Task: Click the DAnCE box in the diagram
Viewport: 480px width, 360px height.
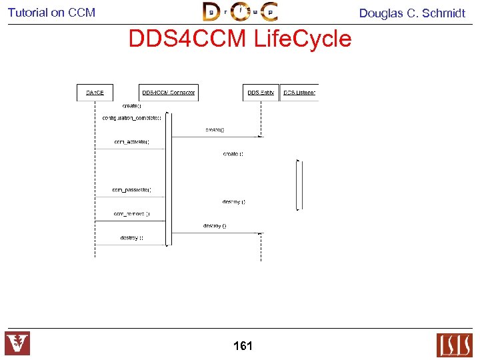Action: click(x=95, y=92)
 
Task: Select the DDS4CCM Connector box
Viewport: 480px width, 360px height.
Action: click(x=168, y=92)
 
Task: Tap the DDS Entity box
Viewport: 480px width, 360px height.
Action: click(x=261, y=92)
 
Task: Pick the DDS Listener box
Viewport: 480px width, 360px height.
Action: click(x=299, y=92)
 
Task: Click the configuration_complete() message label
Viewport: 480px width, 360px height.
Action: click(x=131, y=117)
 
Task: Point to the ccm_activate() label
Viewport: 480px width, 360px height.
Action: click(x=131, y=141)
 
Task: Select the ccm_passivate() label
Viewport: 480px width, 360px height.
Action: click(x=131, y=190)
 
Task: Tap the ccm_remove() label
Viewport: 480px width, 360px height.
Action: click(x=131, y=214)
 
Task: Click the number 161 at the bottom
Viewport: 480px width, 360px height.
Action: click(x=243, y=345)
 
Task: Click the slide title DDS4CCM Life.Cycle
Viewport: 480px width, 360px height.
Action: click(x=239, y=39)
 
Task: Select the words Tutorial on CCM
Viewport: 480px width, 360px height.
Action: click(x=51, y=12)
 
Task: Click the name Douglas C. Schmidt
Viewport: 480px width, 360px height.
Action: click(x=412, y=13)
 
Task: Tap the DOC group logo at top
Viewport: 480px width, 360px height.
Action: click(x=240, y=11)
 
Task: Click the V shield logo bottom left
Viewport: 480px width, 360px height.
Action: click(x=17, y=343)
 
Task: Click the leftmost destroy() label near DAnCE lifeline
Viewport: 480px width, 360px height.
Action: click(x=131, y=238)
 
